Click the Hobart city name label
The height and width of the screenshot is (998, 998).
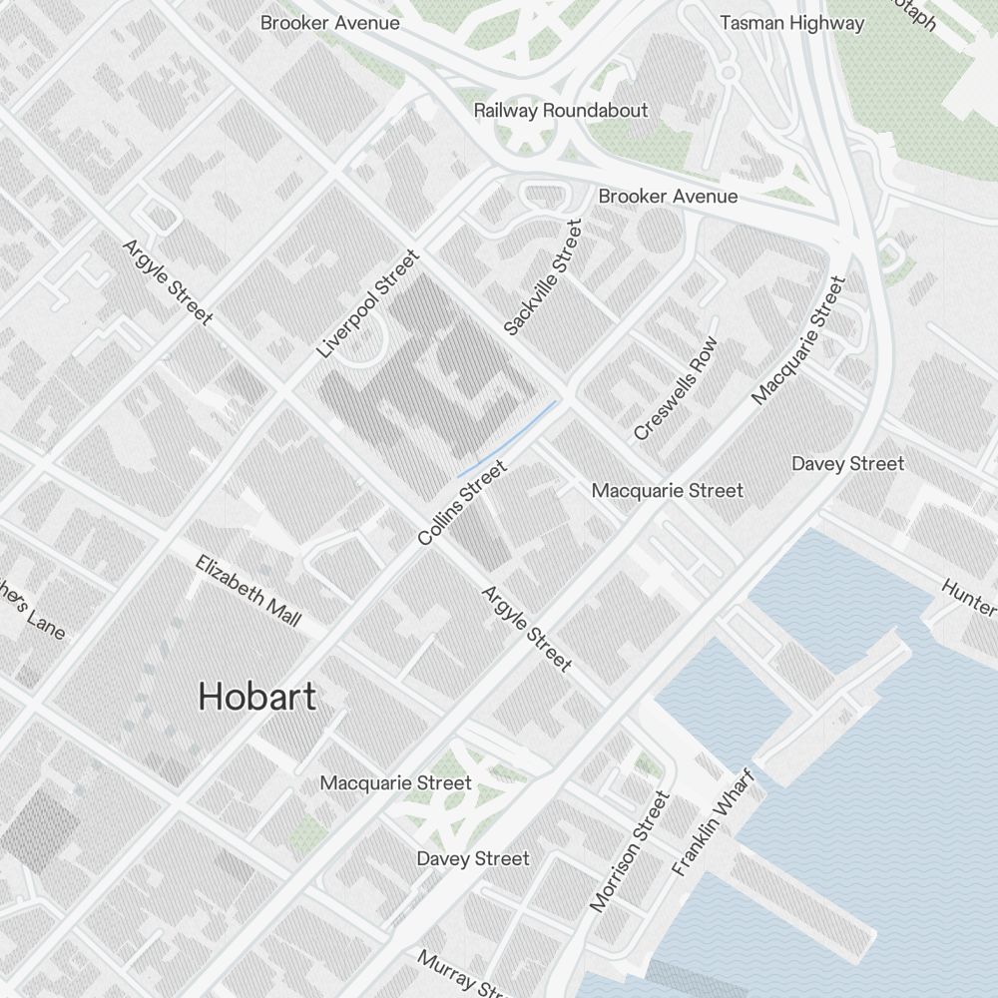tap(256, 696)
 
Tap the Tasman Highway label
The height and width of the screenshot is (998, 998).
tap(791, 23)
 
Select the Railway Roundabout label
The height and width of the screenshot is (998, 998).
tap(560, 110)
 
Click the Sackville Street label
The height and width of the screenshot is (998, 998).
tap(542, 277)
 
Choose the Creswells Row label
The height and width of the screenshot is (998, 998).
tap(676, 388)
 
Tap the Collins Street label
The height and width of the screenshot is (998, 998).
tap(463, 502)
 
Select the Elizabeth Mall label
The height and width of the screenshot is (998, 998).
tap(249, 591)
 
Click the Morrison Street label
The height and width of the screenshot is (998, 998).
tap(629, 851)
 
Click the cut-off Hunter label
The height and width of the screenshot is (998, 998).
tap(969, 596)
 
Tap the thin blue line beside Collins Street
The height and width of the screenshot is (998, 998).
tap(509, 437)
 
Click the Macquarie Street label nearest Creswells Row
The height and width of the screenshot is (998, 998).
tap(667, 490)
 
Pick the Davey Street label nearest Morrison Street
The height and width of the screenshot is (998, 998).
tap(473, 858)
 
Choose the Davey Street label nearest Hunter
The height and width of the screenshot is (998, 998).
tap(847, 463)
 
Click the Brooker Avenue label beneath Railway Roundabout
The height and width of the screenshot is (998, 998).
tap(668, 196)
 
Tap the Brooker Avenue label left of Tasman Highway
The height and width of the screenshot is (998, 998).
tap(329, 22)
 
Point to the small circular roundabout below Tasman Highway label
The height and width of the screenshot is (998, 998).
tap(728, 72)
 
